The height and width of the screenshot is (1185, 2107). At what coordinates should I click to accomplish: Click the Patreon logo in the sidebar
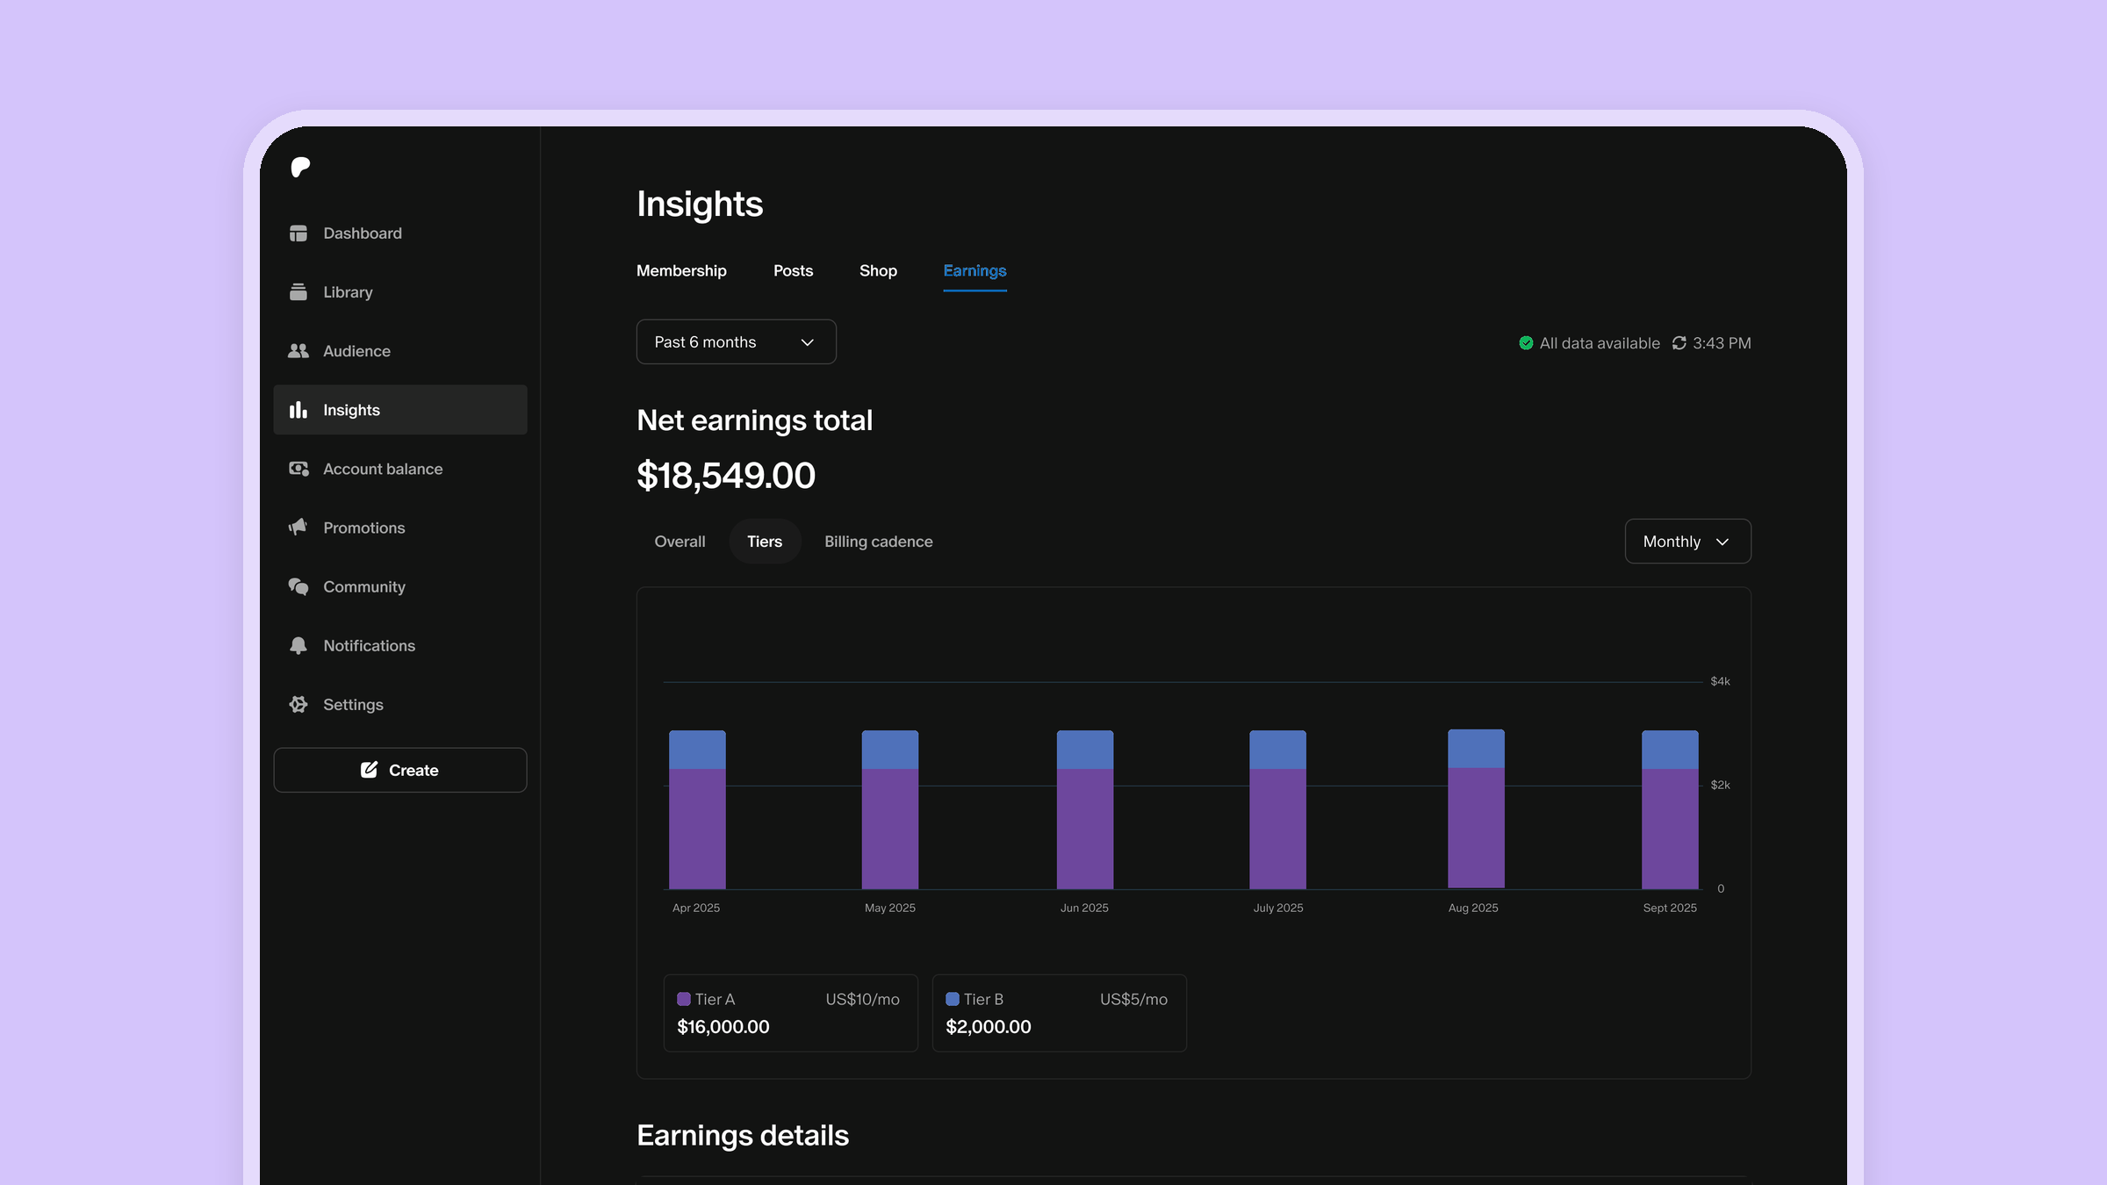coord(300,167)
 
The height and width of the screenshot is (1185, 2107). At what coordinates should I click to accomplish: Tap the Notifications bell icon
coord(298,646)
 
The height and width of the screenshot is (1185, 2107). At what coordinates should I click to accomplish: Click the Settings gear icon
coord(298,705)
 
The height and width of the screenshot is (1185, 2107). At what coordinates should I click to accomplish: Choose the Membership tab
coord(681,271)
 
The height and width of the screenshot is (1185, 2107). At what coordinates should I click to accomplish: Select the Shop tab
coord(878,271)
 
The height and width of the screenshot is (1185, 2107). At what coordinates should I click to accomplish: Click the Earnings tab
coord(974,271)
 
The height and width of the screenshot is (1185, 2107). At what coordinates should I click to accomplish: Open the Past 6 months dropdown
coord(736,342)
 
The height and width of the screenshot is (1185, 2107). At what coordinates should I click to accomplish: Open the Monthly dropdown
coord(1687,542)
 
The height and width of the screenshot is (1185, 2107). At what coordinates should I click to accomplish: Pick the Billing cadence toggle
coord(878,542)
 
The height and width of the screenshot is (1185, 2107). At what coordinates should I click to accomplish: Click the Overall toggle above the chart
coord(680,542)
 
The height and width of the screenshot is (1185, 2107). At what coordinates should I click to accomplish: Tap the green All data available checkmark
coord(1526,343)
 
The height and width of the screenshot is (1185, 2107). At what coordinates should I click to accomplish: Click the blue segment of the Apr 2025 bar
coord(697,750)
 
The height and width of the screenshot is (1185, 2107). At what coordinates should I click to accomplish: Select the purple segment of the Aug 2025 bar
coord(1476,828)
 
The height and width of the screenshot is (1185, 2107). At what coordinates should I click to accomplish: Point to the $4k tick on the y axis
coord(1720,681)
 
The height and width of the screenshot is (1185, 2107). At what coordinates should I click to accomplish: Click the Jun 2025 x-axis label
coord(1084,908)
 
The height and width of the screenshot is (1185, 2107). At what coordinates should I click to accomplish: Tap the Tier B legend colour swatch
coord(952,999)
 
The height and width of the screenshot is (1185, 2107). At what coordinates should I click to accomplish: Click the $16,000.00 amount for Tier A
coord(723,1027)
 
